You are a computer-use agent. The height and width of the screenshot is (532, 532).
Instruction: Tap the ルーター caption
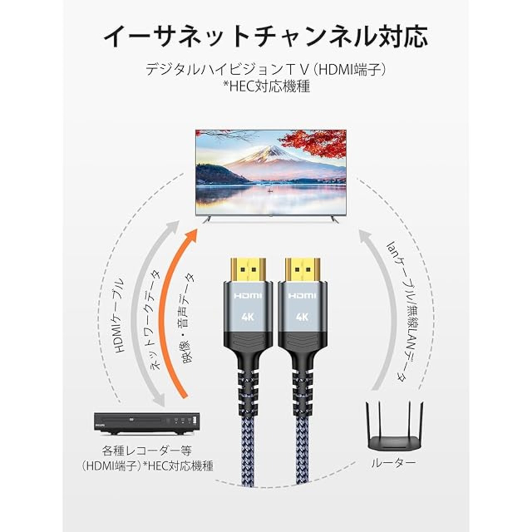click(x=393, y=463)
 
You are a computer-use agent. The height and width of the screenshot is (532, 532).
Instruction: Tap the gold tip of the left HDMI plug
click(x=248, y=269)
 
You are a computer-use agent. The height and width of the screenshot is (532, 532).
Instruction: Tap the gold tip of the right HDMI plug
click(x=302, y=269)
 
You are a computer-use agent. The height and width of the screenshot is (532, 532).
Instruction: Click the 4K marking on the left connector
click(x=248, y=317)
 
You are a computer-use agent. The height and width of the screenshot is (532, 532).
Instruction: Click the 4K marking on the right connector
click(x=302, y=317)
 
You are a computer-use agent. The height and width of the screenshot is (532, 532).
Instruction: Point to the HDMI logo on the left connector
click(x=248, y=296)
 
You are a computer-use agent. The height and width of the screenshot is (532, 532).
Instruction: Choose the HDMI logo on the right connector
click(x=302, y=296)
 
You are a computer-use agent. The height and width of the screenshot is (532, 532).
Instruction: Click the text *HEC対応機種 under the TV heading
click(x=266, y=86)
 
